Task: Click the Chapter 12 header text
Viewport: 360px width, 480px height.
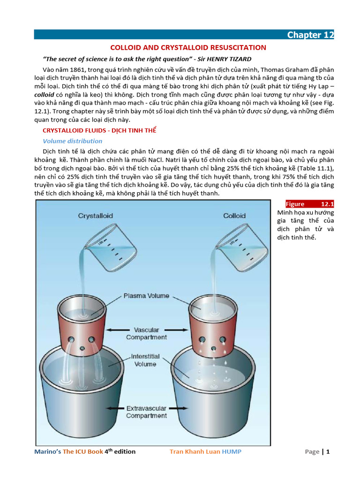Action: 310,35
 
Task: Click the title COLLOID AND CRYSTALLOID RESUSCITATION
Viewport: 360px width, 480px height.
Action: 188,47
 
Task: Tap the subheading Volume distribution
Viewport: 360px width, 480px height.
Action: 72,141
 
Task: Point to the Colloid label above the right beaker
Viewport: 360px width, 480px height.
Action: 234,216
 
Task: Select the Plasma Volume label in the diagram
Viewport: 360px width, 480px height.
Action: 146,296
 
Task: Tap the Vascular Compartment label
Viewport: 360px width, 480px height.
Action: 146,333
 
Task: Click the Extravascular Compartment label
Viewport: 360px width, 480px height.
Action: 146,412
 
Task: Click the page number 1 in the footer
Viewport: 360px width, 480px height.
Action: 328,452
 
